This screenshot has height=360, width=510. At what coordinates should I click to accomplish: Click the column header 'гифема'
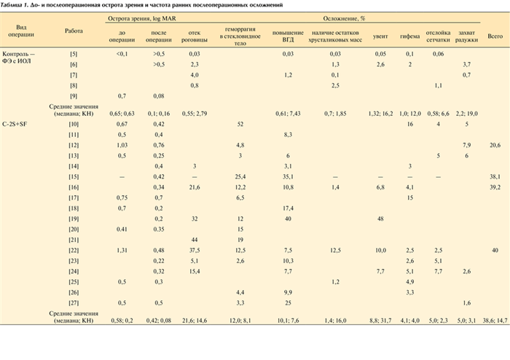pyautogui.click(x=409, y=35)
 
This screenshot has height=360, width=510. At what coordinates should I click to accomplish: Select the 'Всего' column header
pyautogui.click(x=495, y=35)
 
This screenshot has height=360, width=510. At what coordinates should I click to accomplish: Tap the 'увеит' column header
pyautogui.click(x=380, y=35)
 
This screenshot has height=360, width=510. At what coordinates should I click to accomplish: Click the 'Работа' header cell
pyautogui.click(x=74, y=31)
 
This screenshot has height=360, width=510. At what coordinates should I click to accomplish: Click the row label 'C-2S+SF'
pyautogui.click(x=17, y=125)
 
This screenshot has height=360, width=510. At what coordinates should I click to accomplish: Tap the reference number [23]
pyautogui.click(x=74, y=261)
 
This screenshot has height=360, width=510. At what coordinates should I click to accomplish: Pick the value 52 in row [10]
pyautogui.click(x=239, y=125)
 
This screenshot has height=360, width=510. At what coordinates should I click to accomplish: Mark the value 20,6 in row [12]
pyautogui.click(x=495, y=146)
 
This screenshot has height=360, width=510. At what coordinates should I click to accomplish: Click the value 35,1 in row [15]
pyautogui.click(x=289, y=177)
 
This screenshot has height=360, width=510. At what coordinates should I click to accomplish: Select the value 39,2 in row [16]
pyautogui.click(x=495, y=187)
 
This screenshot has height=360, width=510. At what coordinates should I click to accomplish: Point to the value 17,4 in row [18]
pyautogui.click(x=289, y=208)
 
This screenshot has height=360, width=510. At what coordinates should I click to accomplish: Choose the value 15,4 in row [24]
pyautogui.click(x=195, y=271)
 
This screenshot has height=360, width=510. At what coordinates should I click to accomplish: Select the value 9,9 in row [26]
pyautogui.click(x=289, y=292)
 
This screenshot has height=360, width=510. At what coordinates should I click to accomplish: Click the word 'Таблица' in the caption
pyautogui.click(x=14, y=4)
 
